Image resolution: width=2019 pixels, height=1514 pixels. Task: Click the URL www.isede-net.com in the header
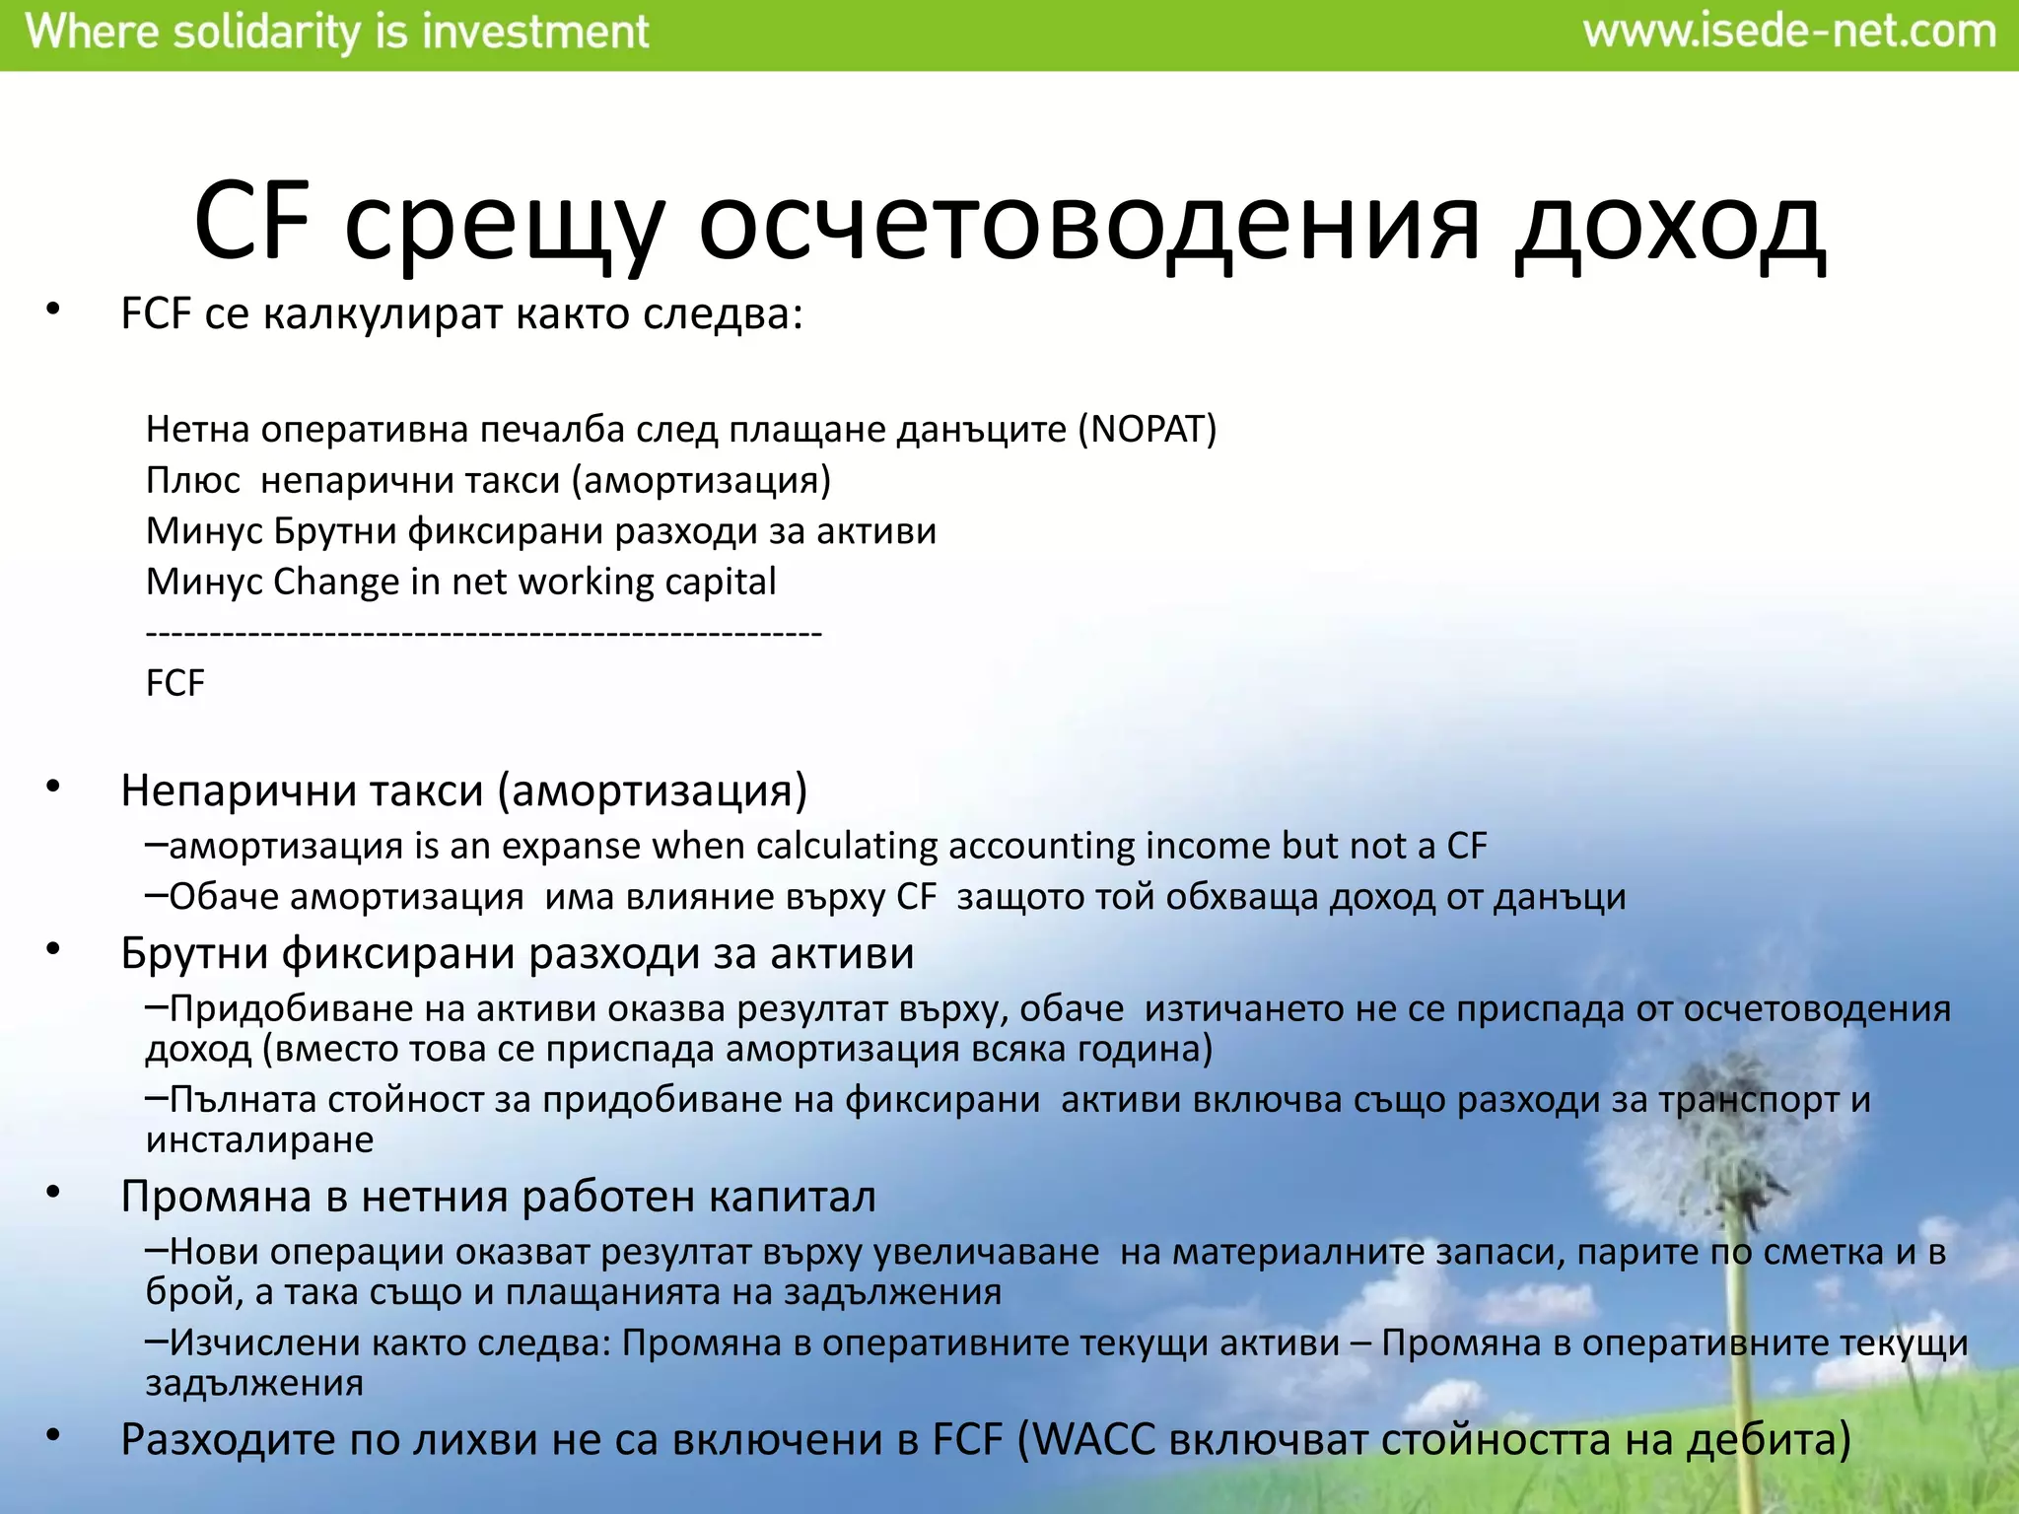[1789, 33]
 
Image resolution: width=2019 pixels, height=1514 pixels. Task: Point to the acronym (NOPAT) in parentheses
[1147, 430]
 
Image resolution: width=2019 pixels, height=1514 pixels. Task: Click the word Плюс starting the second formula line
[192, 481]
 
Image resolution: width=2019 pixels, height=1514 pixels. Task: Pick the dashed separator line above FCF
[483, 634]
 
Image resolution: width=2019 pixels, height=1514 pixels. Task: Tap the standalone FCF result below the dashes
[174, 684]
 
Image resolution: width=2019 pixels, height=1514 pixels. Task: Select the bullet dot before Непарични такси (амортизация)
[53, 787]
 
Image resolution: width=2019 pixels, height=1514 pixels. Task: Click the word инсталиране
[259, 1140]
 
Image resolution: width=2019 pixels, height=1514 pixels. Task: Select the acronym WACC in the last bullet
[1093, 1440]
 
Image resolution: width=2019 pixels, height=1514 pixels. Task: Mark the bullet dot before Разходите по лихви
[53, 1436]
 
